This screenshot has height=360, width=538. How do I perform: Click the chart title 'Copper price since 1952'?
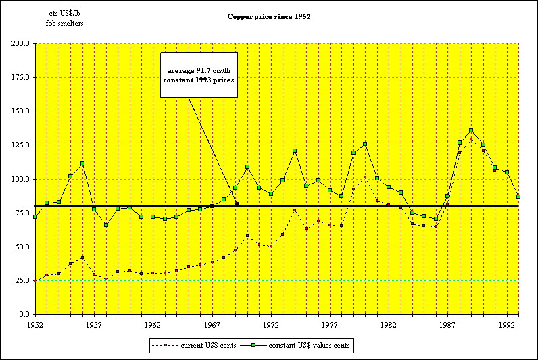[269, 16]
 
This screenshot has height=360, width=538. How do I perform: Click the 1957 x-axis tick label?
[94, 325]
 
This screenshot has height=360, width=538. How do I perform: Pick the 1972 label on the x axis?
[271, 325]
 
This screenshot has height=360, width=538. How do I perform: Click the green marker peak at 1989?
[471, 131]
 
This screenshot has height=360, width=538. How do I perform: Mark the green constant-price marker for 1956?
[82, 163]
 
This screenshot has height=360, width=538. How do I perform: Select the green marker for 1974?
[295, 151]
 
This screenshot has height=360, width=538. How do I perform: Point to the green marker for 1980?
[365, 144]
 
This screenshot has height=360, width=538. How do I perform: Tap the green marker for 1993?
[518, 197]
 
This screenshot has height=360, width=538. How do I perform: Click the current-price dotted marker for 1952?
[35, 281]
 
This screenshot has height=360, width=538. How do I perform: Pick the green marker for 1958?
[106, 225]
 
